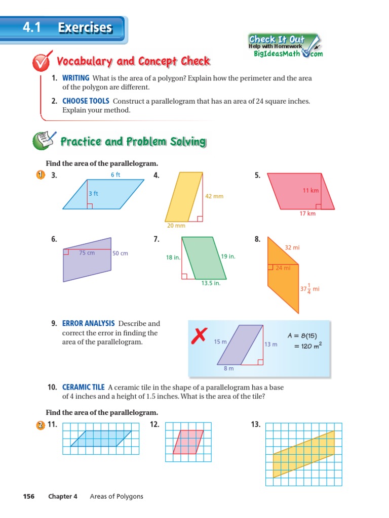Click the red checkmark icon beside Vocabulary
pyautogui.click(x=41, y=63)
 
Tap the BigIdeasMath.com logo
pyautogui.click(x=287, y=54)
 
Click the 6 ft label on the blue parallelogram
pyautogui.click(x=115, y=175)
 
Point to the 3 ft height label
pyautogui.click(x=94, y=193)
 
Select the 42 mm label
pyautogui.click(x=214, y=196)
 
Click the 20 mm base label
pyautogui.click(x=176, y=226)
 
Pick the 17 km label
pyautogui.click(x=307, y=213)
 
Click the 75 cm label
pyautogui.click(x=87, y=253)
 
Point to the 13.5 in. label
pyautogui.click(x=211, y=283)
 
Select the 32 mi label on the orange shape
pyautogui.click(x=292, y=248)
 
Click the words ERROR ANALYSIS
pyautogui.click(x=89, y=323)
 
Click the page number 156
pyautogui.click(x=28, y=496)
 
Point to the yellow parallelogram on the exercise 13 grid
pyautogui.click(x=303, y=454)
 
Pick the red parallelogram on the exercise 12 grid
pyautogui.click(x=188, y=442)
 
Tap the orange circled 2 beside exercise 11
pyautogui.click(x=41, y=425)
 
